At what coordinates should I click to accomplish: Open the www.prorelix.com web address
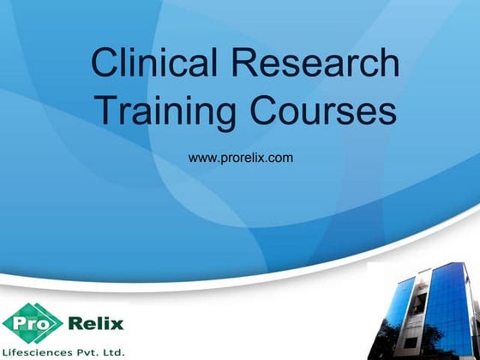[x=240, y=159]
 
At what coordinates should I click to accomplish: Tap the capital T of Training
[x=104, y=112]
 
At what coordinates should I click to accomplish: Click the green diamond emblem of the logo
[x=32, y=323]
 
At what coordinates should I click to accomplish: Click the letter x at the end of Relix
[x=117, y=324]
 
